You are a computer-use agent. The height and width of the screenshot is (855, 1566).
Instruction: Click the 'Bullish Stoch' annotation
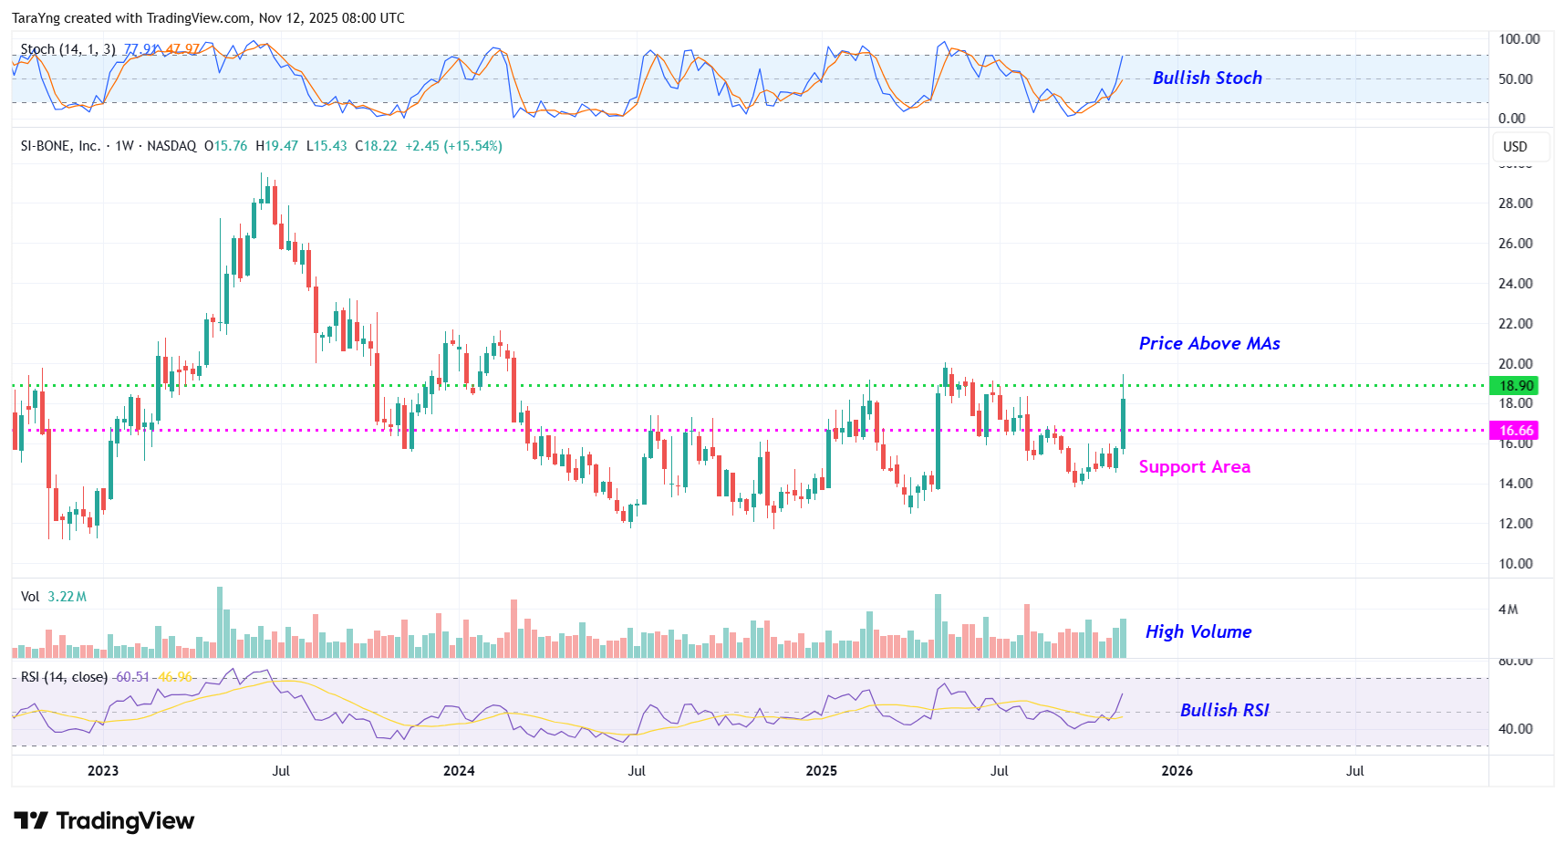click(x=1207, y=78)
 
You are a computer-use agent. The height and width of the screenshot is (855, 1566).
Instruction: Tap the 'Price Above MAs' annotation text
click(x=1208, y=344)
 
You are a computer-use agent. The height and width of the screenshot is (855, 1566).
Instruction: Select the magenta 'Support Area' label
click(x=1194, y=467)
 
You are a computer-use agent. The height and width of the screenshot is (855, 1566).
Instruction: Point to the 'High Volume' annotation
click(x=1198, y=632)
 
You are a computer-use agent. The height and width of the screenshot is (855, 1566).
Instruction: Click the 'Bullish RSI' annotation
click(x=1224, y=711)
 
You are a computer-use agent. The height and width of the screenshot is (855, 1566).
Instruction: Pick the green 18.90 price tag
click(x=1516, y=386)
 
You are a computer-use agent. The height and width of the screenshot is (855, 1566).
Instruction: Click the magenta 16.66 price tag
click(x=1516, y=431)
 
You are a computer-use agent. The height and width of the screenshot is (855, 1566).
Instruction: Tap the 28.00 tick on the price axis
click(x=1515, y=203)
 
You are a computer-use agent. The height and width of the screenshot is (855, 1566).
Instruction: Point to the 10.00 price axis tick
click(x=1515, y=564)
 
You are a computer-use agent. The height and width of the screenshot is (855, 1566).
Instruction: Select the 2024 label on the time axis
click(x=459, y=771)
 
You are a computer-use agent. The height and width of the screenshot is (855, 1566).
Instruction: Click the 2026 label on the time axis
click(x=1177, y=771)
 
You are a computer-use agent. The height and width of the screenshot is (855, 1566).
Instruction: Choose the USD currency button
click(x=1515, y=147)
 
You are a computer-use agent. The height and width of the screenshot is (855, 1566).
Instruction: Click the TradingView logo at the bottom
click(x=104, y=821)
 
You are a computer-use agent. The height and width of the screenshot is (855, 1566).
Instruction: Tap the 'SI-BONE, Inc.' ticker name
click(x=60, y=146)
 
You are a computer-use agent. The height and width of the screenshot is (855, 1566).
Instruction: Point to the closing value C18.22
click(x=376, y=146)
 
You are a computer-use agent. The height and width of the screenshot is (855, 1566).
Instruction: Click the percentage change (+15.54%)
click(x=472, y=146)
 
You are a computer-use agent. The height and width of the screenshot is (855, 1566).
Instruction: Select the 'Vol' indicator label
click(x=30, y=597)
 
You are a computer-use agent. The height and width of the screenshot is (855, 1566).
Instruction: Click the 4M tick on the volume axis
click(x=1509, y=610)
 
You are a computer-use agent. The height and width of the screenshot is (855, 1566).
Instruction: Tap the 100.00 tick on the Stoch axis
click(x=1519, y=39)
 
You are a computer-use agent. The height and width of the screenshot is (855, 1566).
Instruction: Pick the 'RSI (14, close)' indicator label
click(x=64, y=677)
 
